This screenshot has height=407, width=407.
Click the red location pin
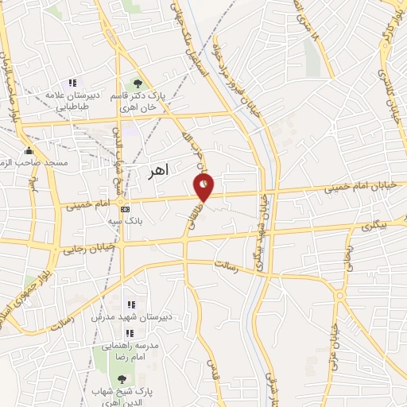[204, 188]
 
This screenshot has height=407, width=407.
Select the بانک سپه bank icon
[124, 208]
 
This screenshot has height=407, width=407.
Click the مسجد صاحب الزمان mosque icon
[29, 151]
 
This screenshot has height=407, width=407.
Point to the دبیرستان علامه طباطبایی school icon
[72, 82]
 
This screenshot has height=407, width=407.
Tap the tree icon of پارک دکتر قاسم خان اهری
[138, 83]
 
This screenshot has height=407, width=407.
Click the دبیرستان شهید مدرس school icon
[131, 304]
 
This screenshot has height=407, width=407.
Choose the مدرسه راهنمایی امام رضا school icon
[127, 332]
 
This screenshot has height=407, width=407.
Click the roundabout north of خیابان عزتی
[340, 296]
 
